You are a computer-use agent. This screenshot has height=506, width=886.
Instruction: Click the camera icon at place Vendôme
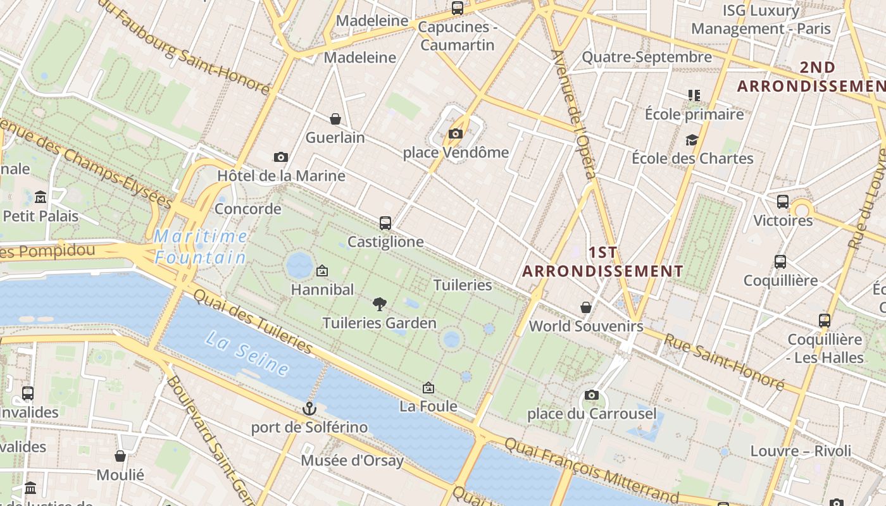pyautogui.click(x=455, y=133)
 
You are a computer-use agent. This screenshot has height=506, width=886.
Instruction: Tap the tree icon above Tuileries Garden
pyautogui.click(x=379, y=304)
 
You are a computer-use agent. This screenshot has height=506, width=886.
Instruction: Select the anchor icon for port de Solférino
pyautogui.click(x=309, y=409)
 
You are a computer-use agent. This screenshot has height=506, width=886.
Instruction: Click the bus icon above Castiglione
pyautogui.click(x=385, y=223)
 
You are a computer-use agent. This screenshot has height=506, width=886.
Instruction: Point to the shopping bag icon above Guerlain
pyautogui.click(x=335, y=119)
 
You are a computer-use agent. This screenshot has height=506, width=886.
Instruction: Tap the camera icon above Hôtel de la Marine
pyautogui.click(x=281, y=157)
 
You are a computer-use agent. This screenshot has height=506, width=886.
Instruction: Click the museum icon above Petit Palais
pyautogui.click(x=41, y=197)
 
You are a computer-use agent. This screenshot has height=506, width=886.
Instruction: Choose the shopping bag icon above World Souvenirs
pyautogui.click(x=586, y=307)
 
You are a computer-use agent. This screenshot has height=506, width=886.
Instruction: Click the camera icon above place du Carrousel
pyautogui.click(x=591, y=395)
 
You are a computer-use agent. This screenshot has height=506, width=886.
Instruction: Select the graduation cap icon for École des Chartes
pyautogui.click(x=692, y=140)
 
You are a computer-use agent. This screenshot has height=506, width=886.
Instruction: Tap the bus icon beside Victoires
pyautogui.click(x=783, y=202)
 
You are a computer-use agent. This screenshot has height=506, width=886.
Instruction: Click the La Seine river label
pyautogui.click(x=247, y=353)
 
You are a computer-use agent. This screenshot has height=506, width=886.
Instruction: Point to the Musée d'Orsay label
pyautogui.click(x=352, y=460)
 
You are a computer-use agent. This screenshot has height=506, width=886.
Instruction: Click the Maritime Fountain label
pyautogui.click(x=201, y=247)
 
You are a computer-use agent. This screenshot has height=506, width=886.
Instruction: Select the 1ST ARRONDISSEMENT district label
pyautogui.click(x=602, y=262)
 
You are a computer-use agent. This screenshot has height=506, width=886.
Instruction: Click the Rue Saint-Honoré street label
pyautogui.click(x=723, y=361)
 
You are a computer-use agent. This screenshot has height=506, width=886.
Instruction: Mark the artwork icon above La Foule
pyautogui.click(x=428, y=387)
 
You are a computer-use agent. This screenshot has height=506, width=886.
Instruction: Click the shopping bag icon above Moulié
pyautogui.click(x=120, y=456)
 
